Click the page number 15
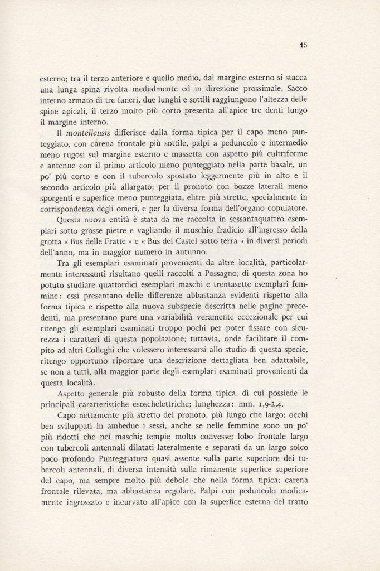click(303, 47)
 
